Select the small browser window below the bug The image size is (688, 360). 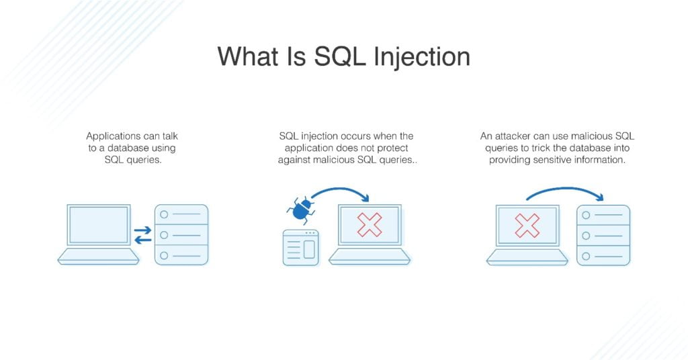click(300, 248)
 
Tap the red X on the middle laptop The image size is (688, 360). click(369, 225)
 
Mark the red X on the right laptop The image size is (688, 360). click(527, 225)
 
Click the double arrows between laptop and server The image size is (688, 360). click(142, 235)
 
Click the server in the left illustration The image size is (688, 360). click(181, 234)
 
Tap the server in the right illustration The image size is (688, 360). click(603, 234)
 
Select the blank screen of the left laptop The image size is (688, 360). click(98, 225)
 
